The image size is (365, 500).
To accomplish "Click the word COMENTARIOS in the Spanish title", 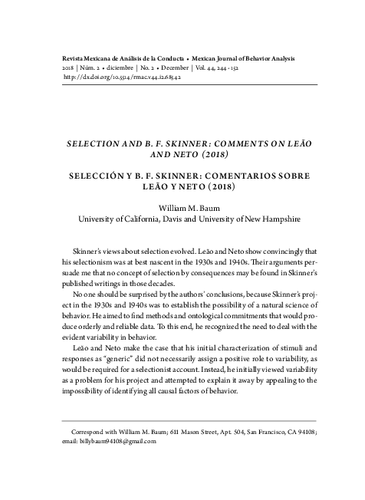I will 232,176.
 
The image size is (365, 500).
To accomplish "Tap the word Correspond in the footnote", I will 78,432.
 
